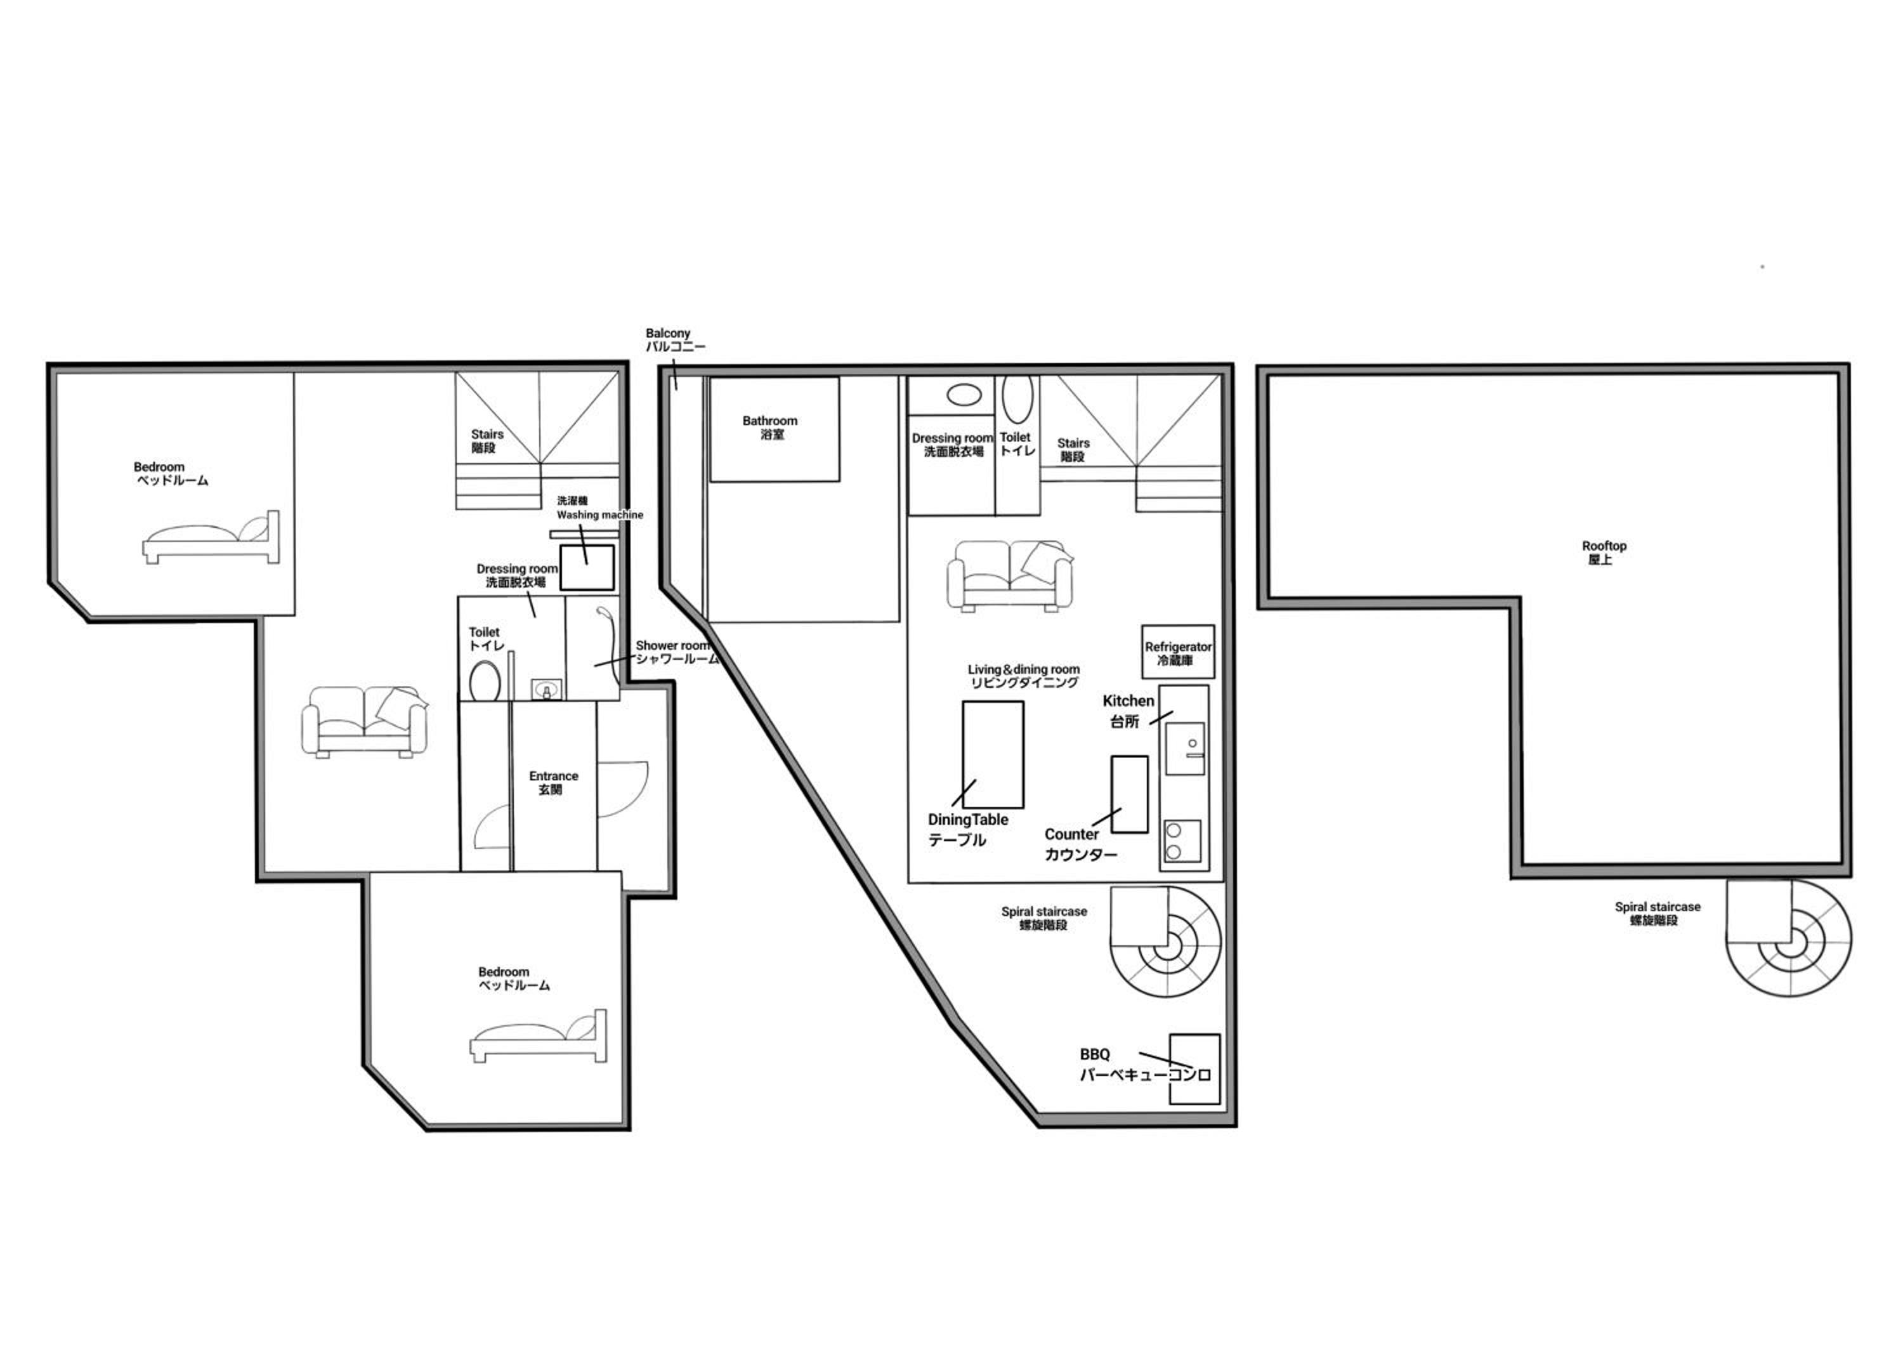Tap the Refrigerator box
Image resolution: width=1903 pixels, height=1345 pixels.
pos(1178,652)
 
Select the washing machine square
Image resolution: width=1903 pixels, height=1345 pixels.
pos(587,568)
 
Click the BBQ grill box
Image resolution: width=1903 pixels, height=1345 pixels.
pos(1194,1069)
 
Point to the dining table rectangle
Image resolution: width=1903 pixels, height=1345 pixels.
pos(993,754)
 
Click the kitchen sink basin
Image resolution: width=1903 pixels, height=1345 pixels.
pos(1185,749)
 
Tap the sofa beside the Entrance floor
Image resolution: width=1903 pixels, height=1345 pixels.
pos(365,721)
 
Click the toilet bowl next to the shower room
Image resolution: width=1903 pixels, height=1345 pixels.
pos(485,681)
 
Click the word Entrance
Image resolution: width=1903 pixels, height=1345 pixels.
pos(554,776)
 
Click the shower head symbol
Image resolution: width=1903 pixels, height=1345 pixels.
pos(605,614)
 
